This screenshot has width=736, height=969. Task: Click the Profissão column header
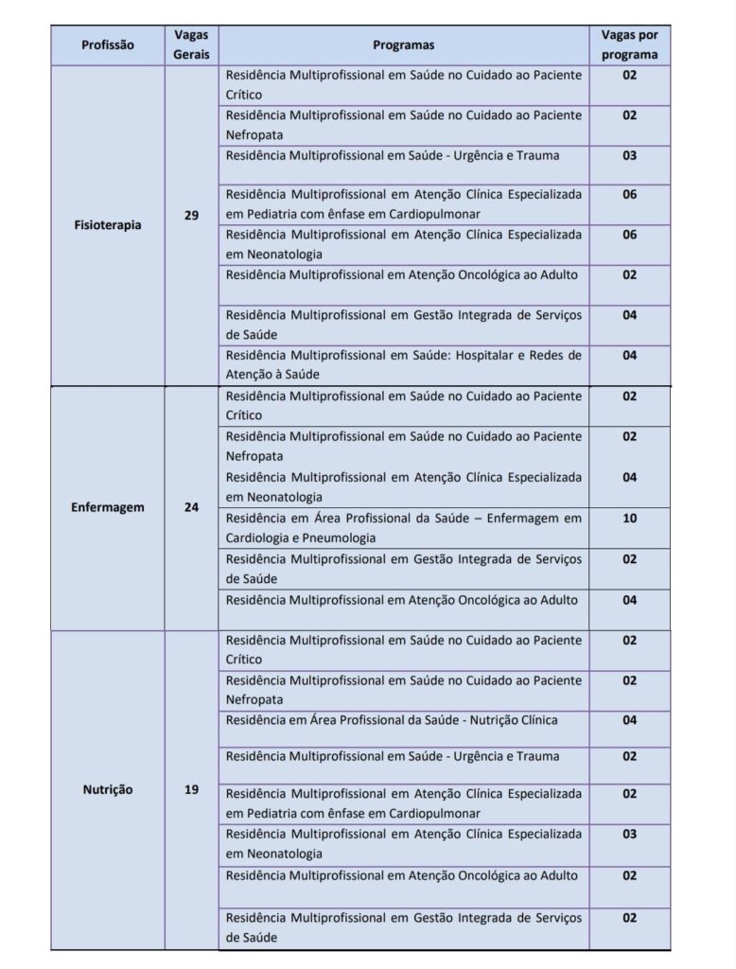[x=107, y=44]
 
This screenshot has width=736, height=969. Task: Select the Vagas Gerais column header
[x=191, y=44]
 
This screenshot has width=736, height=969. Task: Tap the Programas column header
[x=404, y=44]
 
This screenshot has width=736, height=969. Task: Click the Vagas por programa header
[x=629, y=44]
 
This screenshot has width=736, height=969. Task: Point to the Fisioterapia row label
[x=107, y=225]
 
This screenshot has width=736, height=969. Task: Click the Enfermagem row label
[x=107, y=507]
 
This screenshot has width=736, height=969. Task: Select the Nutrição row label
[x=107, y=789]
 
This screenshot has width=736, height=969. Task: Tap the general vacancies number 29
[x=191, y=216]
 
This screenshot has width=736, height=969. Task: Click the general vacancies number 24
[x=191, y=507]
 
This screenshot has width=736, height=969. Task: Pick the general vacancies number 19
[x=191, y=789]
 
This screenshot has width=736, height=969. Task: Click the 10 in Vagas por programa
[x=629, y=519]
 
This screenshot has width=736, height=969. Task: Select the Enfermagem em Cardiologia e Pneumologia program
[x=404, y=528]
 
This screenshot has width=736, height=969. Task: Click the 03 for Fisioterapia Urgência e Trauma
[x=629, y=155]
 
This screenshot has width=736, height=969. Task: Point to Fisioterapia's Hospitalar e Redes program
[x=404, y=364]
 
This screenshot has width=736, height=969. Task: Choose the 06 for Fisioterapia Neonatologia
[x=629, y=235]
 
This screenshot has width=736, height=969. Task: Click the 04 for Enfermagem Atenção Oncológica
[x=629, y=600]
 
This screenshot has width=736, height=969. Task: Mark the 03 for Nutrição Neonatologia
[x=629, y=835]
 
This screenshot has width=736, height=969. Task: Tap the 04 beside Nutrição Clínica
[x=629, y=720]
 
